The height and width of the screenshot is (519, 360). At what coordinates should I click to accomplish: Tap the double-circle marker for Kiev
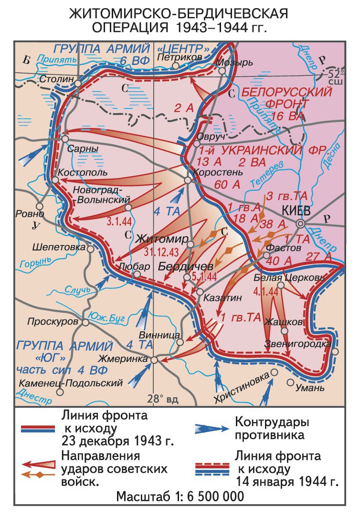[x=300, y=223]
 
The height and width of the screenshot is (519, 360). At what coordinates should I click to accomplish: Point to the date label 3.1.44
[x=120, y=222]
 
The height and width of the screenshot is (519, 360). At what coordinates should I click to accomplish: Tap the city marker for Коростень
[x=188, y=180]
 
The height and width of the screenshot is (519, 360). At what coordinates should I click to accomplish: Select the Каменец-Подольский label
[x=71, y=382]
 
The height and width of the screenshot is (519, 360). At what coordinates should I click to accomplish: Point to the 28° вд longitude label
[x=162, y=399]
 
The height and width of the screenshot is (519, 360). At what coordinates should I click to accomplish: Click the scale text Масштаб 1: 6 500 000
[x=180, y=496]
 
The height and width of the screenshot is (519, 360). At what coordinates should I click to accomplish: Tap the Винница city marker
[x=180, y=342]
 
